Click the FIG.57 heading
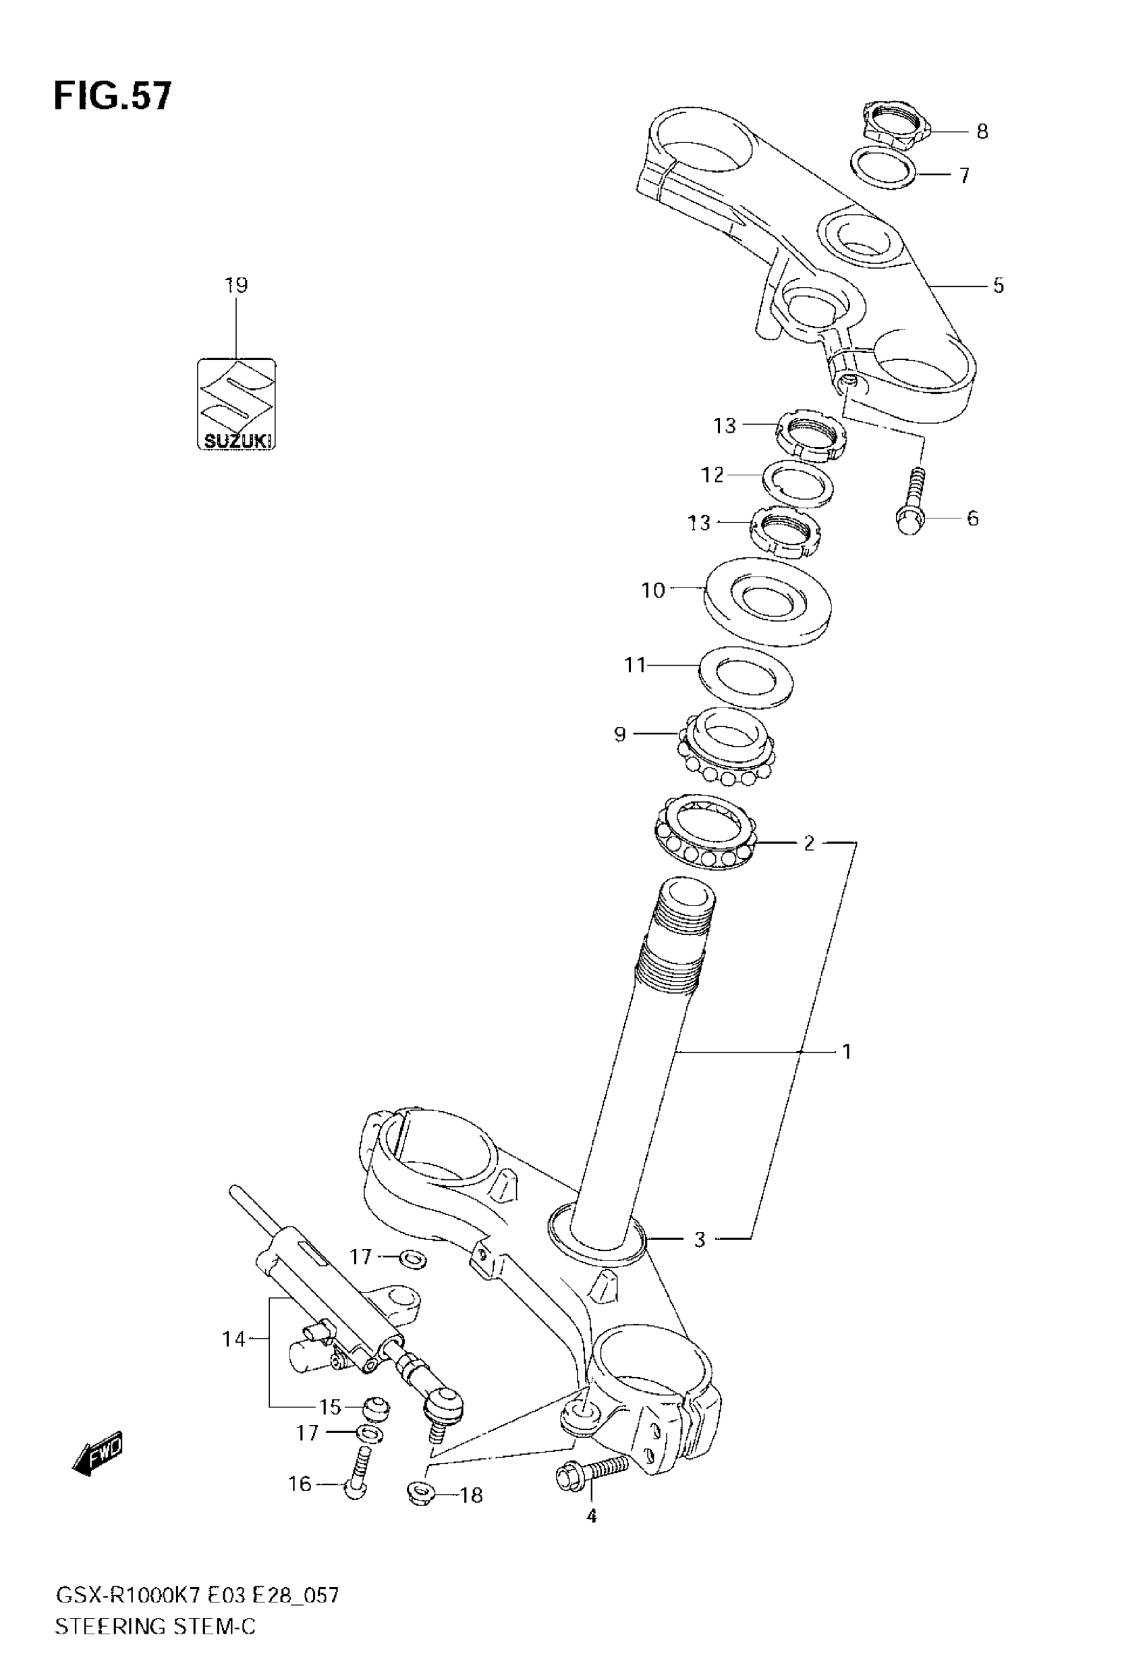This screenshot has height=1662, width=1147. pyautogui.click(x=113, y=97)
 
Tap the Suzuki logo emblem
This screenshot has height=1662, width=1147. pyautogui.click(x=236, y=404)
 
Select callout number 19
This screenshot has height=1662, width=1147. pyautogui.click(x=235, y=286)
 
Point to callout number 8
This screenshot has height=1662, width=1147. pyautogui.click(x=982, y=132)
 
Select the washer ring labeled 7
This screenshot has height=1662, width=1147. pyautogui.click(x=884, y=167)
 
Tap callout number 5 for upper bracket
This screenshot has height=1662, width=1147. pyautogui.click(x=999, y=286)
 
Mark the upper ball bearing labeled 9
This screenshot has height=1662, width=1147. pyautogui.click(x=727, y=746)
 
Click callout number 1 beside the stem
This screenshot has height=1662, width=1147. pyautogui.click(x=847, y=1052)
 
